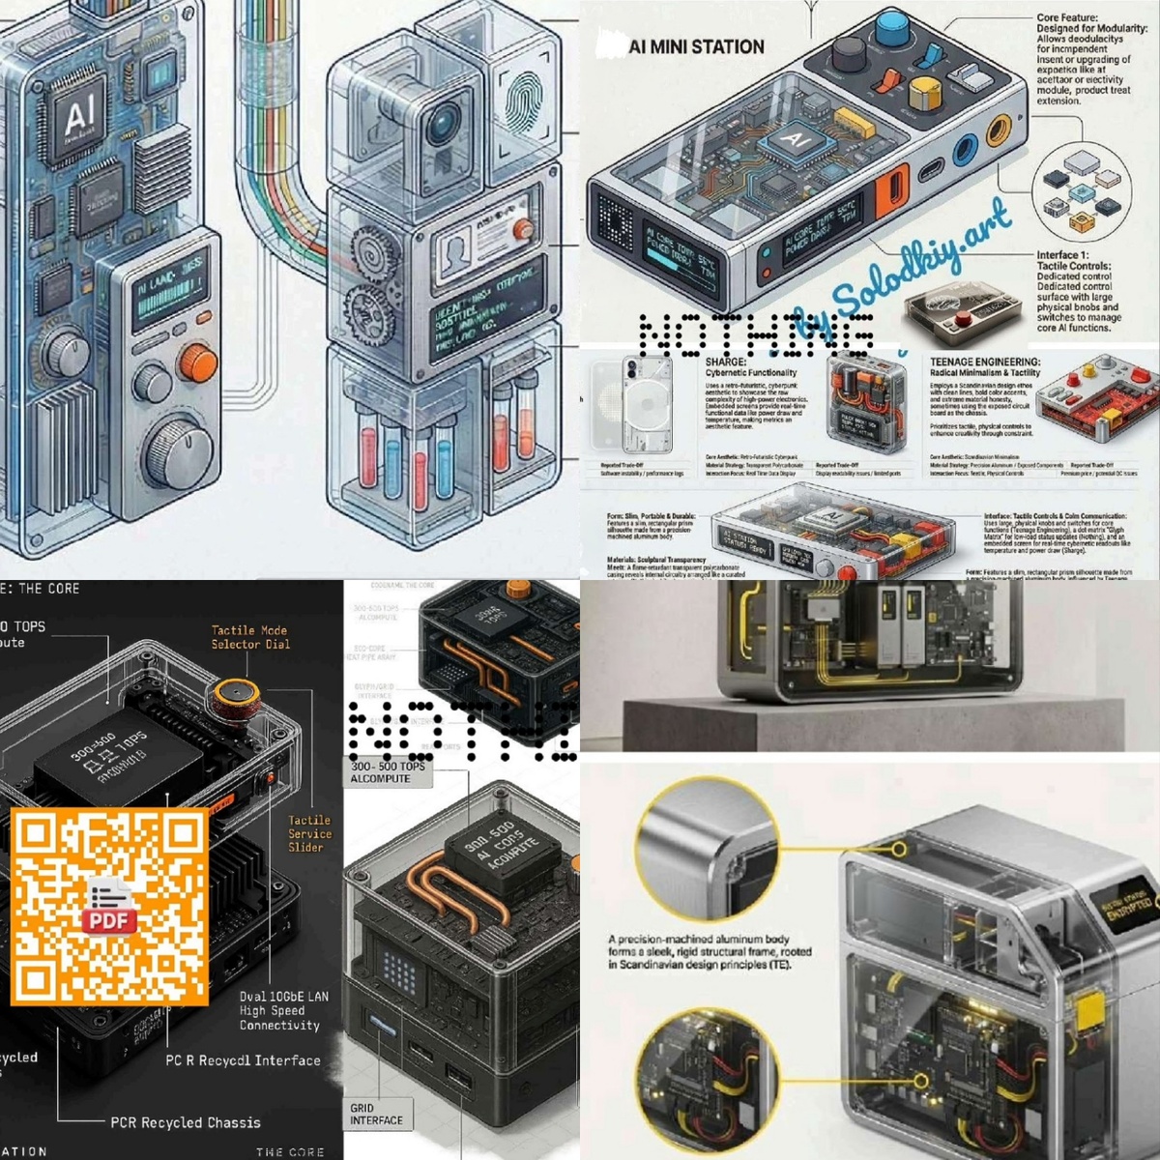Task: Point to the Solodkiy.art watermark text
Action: pos(899,271)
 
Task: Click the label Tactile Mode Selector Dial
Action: pos(250,637)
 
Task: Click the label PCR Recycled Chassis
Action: pos(185,1122)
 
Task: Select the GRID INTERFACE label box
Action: pos(377,1114)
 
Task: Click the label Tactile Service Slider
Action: pos(309,833)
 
